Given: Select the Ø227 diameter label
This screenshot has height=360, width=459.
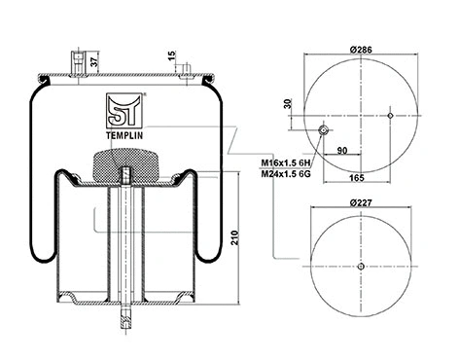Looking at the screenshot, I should pyautogui.click(x=359, y=203).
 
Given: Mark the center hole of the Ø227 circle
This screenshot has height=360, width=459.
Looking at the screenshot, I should pyautogui.click(x=359, y=269).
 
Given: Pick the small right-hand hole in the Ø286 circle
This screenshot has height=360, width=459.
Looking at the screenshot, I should pyautogui.click(x=390, y=116).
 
